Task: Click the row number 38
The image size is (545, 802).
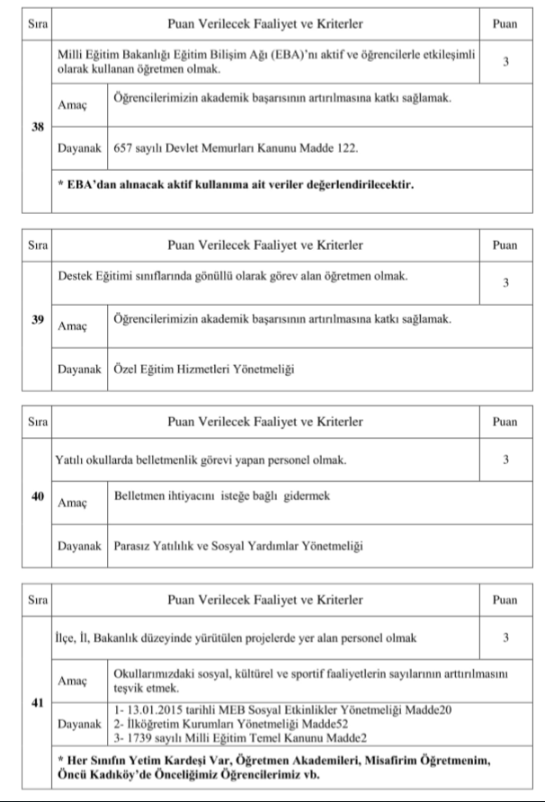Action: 39,127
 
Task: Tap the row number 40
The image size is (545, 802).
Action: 39,495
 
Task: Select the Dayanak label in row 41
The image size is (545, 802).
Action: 79,722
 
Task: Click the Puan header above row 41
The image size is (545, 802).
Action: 505,598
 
